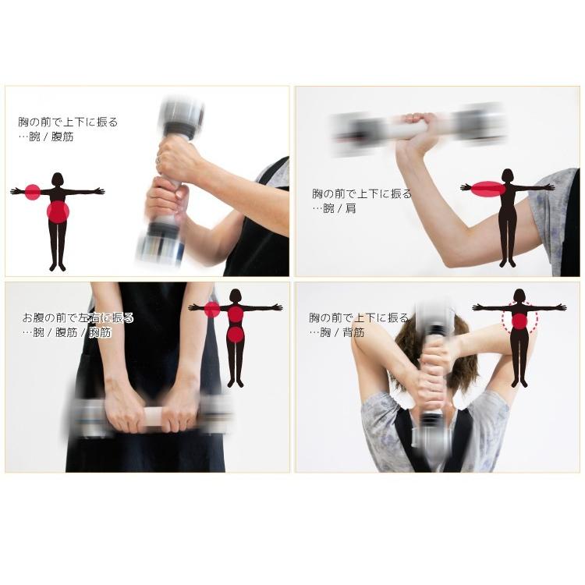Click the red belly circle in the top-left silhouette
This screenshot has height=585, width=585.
point(58,211)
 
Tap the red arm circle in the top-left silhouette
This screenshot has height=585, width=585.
point(33,192)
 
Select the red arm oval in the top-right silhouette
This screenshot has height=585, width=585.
point(488,189)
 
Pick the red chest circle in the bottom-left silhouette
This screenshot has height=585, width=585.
point(236,314)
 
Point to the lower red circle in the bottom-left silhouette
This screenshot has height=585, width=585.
point(236,335)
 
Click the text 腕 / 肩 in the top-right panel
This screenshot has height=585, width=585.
point(340,208)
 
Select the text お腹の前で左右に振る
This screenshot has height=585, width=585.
point(78,318)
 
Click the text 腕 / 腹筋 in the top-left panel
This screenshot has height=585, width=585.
point(51,137)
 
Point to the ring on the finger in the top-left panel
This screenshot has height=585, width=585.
point(158,160)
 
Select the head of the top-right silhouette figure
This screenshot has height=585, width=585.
point(508,175)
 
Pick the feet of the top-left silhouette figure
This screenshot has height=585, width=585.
point(58,267)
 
